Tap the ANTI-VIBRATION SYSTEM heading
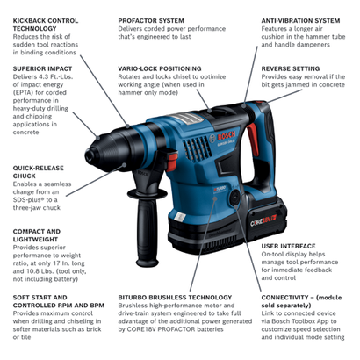coord(299,19)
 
